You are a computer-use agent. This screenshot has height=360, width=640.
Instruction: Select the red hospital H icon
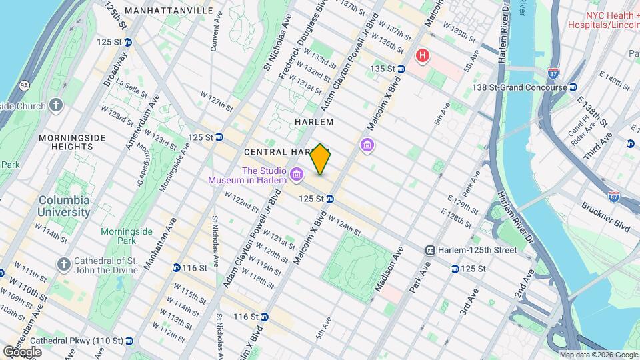coord(422,55)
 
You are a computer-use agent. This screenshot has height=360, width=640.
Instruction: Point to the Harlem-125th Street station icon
coord(431,250)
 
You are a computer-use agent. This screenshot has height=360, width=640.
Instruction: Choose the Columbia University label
coord(64,206)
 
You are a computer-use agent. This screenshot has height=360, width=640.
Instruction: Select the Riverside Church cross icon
coord(56,105)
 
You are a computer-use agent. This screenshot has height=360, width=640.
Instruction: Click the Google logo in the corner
coord(22,351)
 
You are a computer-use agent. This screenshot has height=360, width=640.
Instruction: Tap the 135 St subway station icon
coord(401,69)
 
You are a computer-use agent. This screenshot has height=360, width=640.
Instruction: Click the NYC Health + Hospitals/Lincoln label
coord(603,20)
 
